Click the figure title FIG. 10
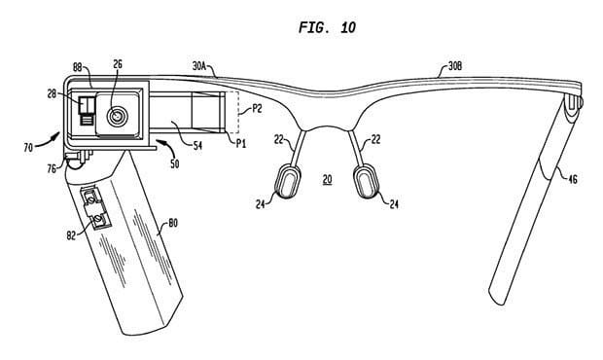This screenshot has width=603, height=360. pyautogui.click(x=327, y=27)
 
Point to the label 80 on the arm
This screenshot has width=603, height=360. pyautogui.click(x=173, y=223)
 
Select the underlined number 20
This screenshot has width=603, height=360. pyautogui.click(x=327, y=179)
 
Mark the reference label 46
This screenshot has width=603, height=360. pyautogui.click(x=572, y=178)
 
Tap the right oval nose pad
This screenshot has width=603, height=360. pyautogui.click(x=367, y=181)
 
